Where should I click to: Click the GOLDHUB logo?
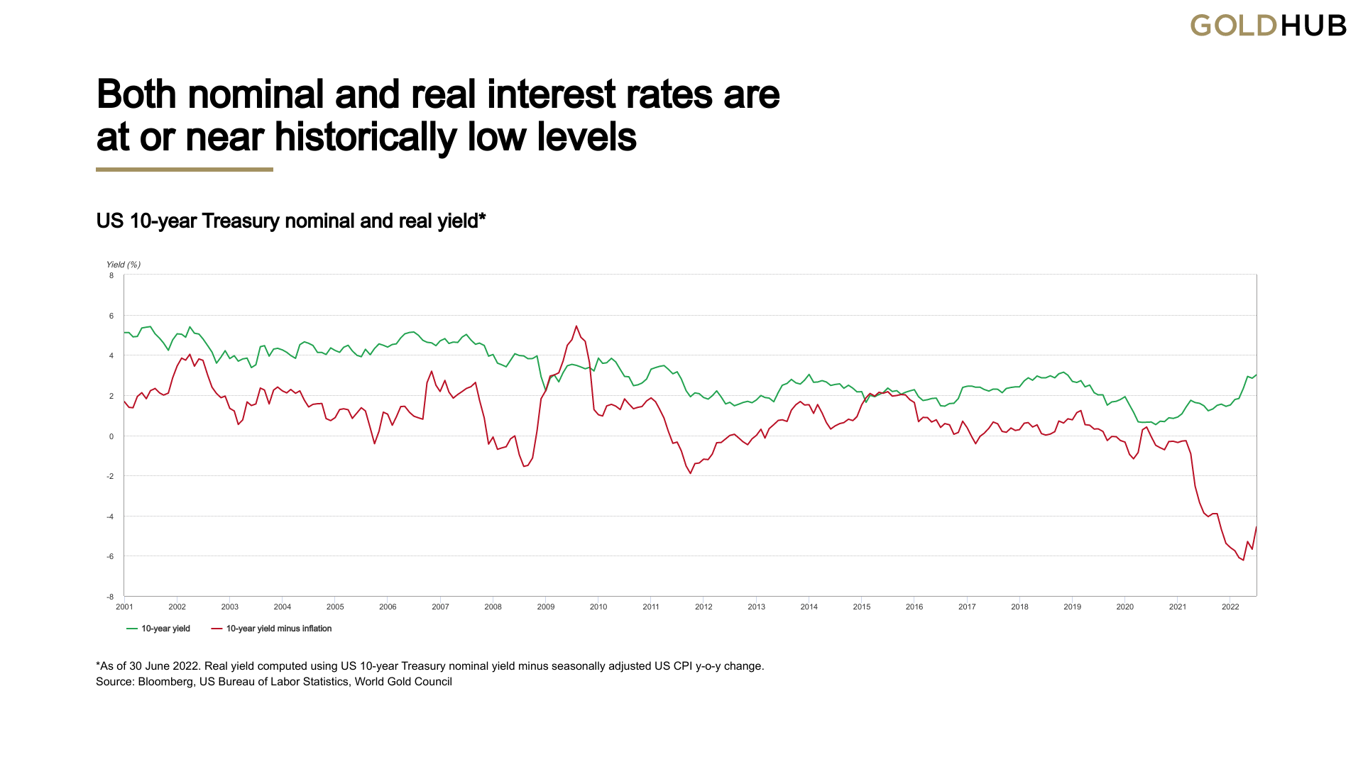[x=1268, y=26]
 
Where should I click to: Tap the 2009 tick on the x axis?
[x=545, y=607]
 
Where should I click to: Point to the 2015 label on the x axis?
[x=861, y=607]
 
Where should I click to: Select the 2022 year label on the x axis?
[x=1230, y=607]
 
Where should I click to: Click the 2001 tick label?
[x=124, y=607]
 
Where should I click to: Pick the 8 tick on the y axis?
[x=111, y=275]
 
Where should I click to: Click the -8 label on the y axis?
[x=110, y=597]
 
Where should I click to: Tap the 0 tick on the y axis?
[x=111, y=436]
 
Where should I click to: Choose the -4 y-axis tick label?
[x=110, y=516]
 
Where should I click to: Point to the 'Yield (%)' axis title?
[x=124, y=265]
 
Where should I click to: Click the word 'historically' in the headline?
[x=365, y=137]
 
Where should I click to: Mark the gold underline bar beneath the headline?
[x=185, y=170]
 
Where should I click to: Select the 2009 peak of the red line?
[x=576, y=326]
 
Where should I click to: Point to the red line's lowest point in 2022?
[x=1243, y=560]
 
